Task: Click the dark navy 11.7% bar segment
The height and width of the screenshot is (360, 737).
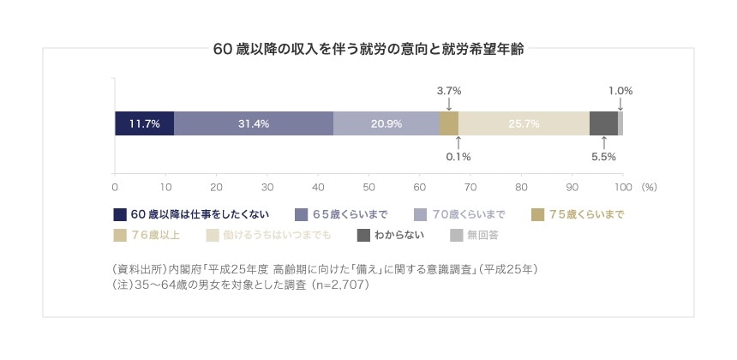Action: pyautogui.click(x=144, y=123)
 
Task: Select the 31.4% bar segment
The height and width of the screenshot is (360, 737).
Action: pyautogui.click(x=254, y=123)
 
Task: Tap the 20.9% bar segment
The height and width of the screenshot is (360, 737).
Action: pyautogui.click(x=386, y=123)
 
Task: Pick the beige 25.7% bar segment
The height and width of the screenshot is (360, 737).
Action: pyautogui.click(x=524, y=123)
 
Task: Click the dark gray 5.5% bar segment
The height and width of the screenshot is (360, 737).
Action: pyautogui.click(x=603, y=123)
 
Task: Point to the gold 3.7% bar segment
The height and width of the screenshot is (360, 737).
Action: pyautogui.click(x=449, y=123)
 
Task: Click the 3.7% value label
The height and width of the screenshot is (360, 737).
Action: pyautogui.click(x=449, y=90)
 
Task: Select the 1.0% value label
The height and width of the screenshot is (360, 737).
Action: pyautogui.click(x=620, y=90)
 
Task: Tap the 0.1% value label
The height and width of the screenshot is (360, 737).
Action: pyautogui.click(x=458, y=157)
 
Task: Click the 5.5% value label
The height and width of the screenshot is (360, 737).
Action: pyautogui.click(x=604, y=157)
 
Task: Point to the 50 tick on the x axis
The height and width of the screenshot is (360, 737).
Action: pyautogui.click(x=368, y=186)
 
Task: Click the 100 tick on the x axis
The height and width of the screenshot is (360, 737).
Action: pyautogui.click(x=622, y=186)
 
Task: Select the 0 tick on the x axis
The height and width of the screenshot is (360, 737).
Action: pyautogui.click(x=115, y=186)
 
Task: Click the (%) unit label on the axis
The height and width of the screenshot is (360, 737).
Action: pyautogui.click(x=649, y=186)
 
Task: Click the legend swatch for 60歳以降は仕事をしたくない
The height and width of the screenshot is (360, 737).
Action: pyautogui.click(x=120, y=213)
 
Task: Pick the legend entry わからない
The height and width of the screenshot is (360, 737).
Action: pyautogui.click(x=399, y=234)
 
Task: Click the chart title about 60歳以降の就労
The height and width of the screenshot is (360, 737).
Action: pyautogui.click(x=368, y=50)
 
